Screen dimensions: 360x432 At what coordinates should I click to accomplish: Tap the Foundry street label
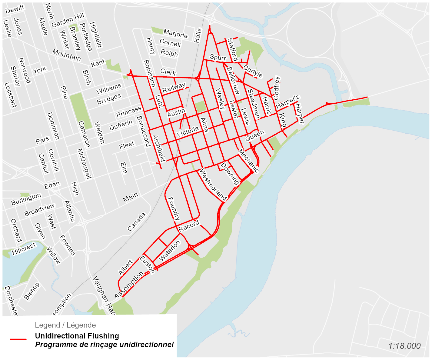coord(174,208)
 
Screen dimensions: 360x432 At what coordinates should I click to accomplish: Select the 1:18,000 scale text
coord(404,346)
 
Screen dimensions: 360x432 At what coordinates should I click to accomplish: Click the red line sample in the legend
coord(18,339)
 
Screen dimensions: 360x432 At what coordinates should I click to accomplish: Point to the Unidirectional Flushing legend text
coord(77,336)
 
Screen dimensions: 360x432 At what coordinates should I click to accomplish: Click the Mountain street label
coord(67,55)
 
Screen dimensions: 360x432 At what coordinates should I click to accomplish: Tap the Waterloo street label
coord(170,251)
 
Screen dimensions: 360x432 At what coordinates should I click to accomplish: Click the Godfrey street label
coord(277,88)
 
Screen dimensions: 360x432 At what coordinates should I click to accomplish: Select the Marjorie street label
coord(175,33)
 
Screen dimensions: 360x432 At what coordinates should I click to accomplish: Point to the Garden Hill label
coord(68,20)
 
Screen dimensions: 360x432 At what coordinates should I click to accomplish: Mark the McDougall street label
coord(85,164)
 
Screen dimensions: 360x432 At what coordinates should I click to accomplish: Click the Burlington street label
coord(26,199)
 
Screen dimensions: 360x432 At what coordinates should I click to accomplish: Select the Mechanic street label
coord(248,161)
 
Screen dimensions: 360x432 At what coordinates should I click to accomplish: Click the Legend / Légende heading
coord(65,325)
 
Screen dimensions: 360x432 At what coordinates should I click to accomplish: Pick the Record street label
coord(189,226)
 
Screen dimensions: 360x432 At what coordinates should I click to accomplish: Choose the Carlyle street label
coord(253,71)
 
